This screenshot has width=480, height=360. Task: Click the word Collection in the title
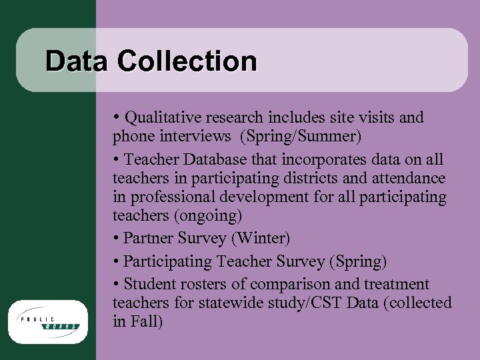point(187,61)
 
